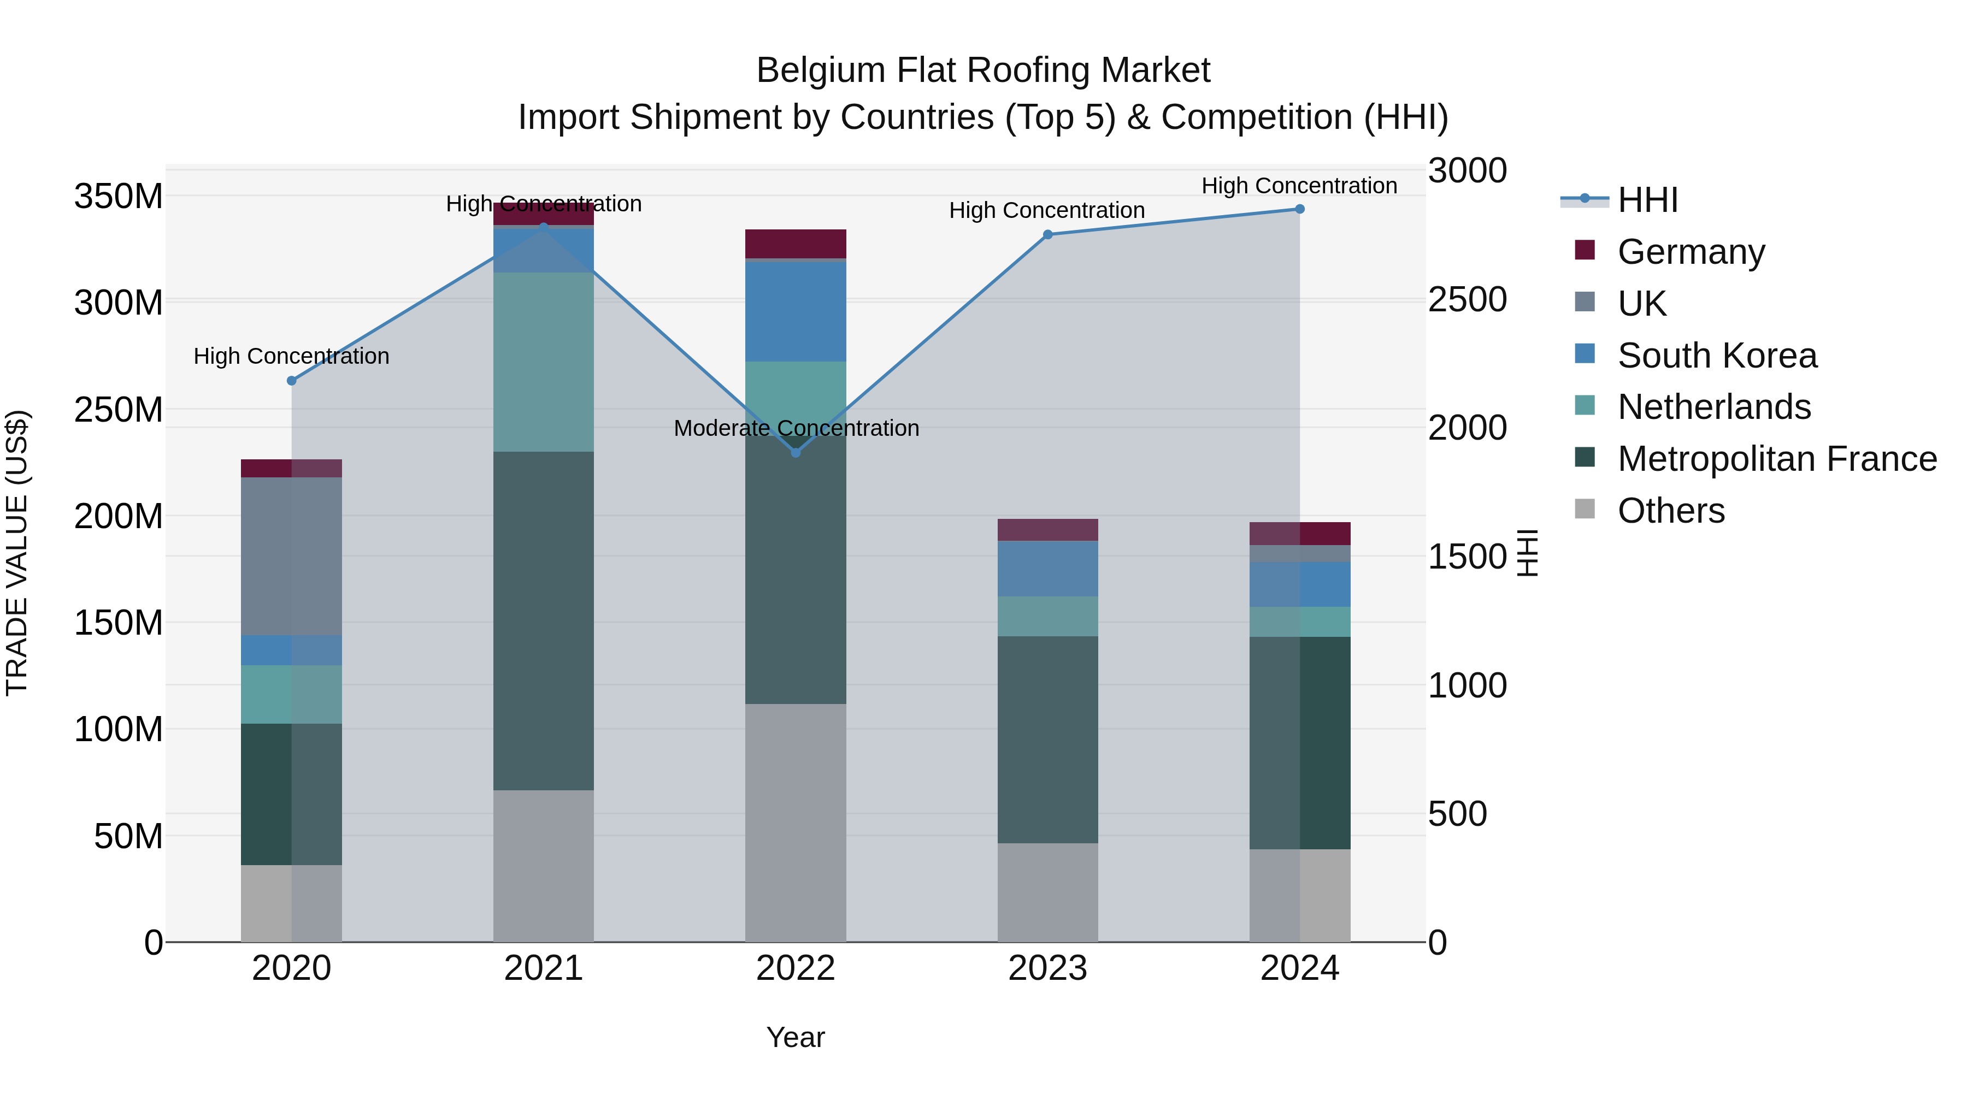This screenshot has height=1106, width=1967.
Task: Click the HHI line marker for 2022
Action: (x=796, y=453)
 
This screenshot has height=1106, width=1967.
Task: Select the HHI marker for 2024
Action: (x=1300, y=209)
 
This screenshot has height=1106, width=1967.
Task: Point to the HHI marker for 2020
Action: (x=292, y=381)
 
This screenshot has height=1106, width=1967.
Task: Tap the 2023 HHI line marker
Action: (x=1047, y=234)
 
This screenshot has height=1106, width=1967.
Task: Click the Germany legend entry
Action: (x=1691, y=252)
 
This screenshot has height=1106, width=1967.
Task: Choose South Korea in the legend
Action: (x=1717, y=356)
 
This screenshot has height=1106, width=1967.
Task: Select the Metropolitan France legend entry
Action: (x=1776, y=459)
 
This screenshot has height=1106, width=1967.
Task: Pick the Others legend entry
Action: (x=1671, y=511)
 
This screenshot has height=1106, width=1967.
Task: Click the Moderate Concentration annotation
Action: (x=796, y=428)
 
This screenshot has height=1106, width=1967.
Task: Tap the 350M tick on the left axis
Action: (x=119, y=196)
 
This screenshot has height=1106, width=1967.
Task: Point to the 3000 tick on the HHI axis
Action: (x=1467, y=170)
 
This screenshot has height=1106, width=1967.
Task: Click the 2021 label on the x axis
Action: (x=544, y=968)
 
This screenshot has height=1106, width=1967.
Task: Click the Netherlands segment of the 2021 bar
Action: (x=544, y=362)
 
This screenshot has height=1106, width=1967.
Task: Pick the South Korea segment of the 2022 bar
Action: (x=796, y=311)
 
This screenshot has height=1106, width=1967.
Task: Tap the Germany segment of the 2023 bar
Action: (x=1047, y=530)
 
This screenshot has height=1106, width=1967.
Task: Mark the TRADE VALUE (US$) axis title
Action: (x=17, y=553)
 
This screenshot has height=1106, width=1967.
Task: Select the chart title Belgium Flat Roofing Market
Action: (x=983, y=70)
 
